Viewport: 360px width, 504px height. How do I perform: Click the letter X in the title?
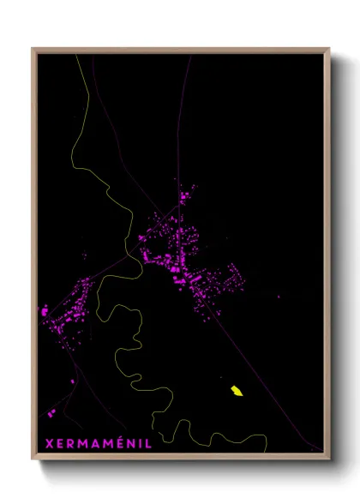(47, 443)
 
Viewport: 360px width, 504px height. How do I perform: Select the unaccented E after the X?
(59, 443)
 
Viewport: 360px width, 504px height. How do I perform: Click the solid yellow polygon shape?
(237, 392)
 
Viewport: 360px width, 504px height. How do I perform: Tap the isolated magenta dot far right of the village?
(278, 297)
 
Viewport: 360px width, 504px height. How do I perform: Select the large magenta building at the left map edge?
(45, 311)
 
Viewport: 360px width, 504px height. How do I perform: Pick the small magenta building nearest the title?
(52, 413)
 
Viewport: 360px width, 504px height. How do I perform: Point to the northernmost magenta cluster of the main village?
(183, 199)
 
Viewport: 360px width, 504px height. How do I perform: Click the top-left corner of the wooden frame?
(33, 49)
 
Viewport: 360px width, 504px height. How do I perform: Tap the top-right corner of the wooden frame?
(329, 49)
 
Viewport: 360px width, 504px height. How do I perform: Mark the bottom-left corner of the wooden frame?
(33, 459)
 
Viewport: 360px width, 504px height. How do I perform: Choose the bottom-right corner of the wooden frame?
(329, 459)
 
